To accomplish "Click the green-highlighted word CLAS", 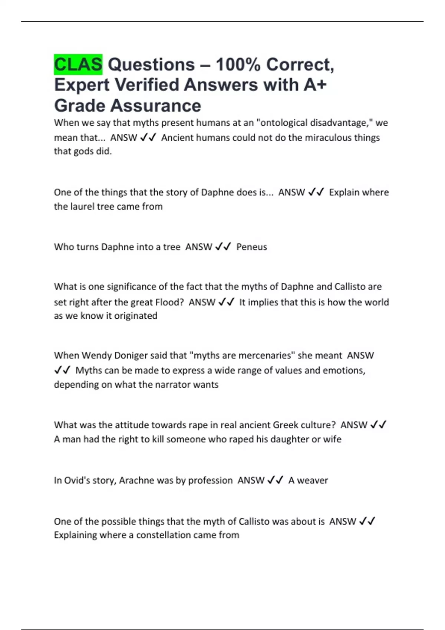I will (x=78, y=64).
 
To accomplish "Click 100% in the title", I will (x=238, y=64).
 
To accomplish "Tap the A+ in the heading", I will (x=315, y=85).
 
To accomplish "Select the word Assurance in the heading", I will (x=156, y=106).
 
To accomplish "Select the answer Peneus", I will (x=251, y=247).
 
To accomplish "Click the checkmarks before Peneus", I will (x=223, y=246).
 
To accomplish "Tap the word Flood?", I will (x=169, y=302).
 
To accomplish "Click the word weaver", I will (x=313, y=481).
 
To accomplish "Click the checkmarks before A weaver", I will (x=275, y=480).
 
